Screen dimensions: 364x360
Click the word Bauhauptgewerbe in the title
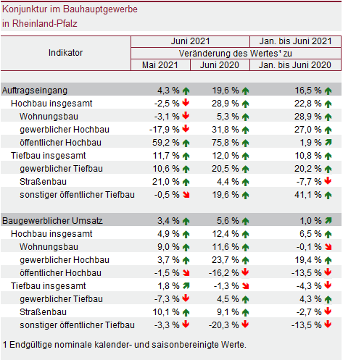100,9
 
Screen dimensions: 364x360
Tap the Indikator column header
65,53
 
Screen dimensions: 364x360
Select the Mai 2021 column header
160,65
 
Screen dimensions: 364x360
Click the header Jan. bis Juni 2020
295,65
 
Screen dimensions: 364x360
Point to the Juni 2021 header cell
191,41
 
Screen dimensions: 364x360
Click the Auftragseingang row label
35,91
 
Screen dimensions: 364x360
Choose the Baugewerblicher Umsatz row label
52,221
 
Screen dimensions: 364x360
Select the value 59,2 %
166,143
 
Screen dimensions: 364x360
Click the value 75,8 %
226,143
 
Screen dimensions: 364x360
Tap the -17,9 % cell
165,130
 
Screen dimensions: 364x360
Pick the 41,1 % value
308,195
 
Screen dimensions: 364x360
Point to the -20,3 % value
224,325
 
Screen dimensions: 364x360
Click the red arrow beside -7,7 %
328,180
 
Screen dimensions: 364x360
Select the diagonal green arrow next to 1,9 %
328,142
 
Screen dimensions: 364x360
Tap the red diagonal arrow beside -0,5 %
186,195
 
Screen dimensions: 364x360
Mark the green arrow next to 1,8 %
186,285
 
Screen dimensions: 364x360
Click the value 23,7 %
226,260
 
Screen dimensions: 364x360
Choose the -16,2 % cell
224,273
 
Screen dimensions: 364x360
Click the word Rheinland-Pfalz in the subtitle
45,24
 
